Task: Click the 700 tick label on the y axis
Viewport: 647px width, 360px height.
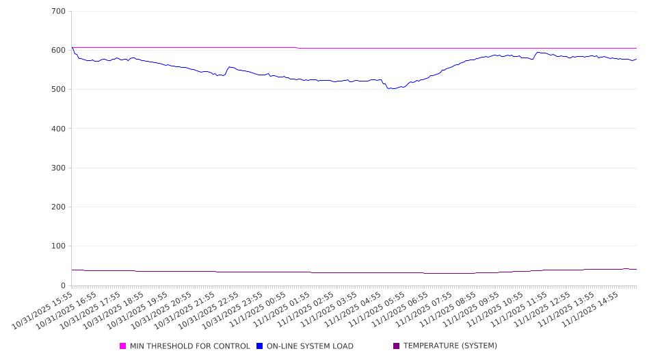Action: tap(58, 12)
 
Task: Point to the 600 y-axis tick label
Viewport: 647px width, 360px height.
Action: tap(58, 51)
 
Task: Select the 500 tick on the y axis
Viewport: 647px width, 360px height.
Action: tap(58, 90)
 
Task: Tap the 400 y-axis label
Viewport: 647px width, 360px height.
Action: tap(58, 129)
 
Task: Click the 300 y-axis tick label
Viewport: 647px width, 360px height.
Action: tap(58, 168)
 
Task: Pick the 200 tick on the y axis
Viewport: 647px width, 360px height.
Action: tap(58, 207)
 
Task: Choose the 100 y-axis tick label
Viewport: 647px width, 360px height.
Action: tap(58, 246)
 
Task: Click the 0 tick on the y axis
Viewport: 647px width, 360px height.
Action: tap(63, 285)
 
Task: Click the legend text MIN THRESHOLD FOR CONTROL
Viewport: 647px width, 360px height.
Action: tap(189, 346)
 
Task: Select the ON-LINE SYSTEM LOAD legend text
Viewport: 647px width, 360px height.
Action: tap(310, 346)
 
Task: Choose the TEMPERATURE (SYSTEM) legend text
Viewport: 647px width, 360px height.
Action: tap(450, 346)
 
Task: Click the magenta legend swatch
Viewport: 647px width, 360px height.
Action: tap(123, 346)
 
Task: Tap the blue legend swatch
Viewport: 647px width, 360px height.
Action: tap(260, 346)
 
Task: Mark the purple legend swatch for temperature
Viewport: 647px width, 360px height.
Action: tap(397, 346)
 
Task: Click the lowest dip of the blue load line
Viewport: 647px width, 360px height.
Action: tap(392, 89)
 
